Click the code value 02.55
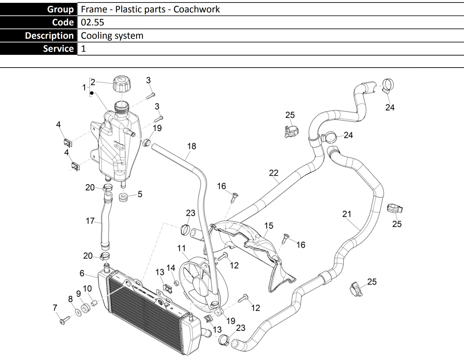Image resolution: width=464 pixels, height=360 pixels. (92, 22)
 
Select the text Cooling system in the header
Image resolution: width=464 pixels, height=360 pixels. (112, 36)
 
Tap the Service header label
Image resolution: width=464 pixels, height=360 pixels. (58, 49)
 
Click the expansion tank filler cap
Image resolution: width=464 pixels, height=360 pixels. (122, 83)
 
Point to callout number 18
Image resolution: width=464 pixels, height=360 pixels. (191, 146)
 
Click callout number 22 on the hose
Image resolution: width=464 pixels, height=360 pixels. (274, 173)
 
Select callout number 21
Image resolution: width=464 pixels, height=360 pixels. (347, 214)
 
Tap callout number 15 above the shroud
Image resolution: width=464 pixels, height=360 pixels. (269, 226)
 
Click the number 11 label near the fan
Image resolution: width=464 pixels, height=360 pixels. (181, 248)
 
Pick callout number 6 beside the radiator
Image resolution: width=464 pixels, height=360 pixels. (82, 273)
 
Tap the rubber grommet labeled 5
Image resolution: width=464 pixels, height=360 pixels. (124, 197)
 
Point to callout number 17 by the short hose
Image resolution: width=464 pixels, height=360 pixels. (90, 221)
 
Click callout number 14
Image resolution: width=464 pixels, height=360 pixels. (171, 268)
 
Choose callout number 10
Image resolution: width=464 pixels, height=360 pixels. (87, 288)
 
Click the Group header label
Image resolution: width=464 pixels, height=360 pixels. (60, 9)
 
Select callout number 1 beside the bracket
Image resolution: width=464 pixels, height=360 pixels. (84, 87)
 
